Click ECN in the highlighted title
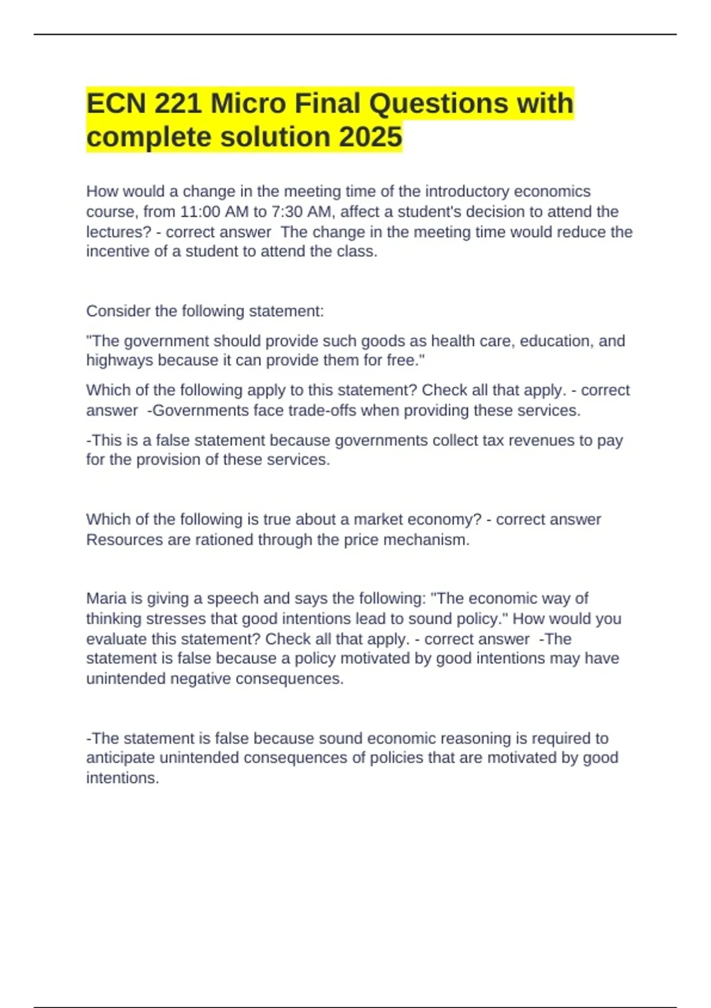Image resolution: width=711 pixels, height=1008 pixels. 116,104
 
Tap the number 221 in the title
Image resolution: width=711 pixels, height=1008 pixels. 178,104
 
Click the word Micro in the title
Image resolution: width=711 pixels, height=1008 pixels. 248,104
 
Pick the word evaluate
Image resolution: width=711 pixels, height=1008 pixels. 114,639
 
